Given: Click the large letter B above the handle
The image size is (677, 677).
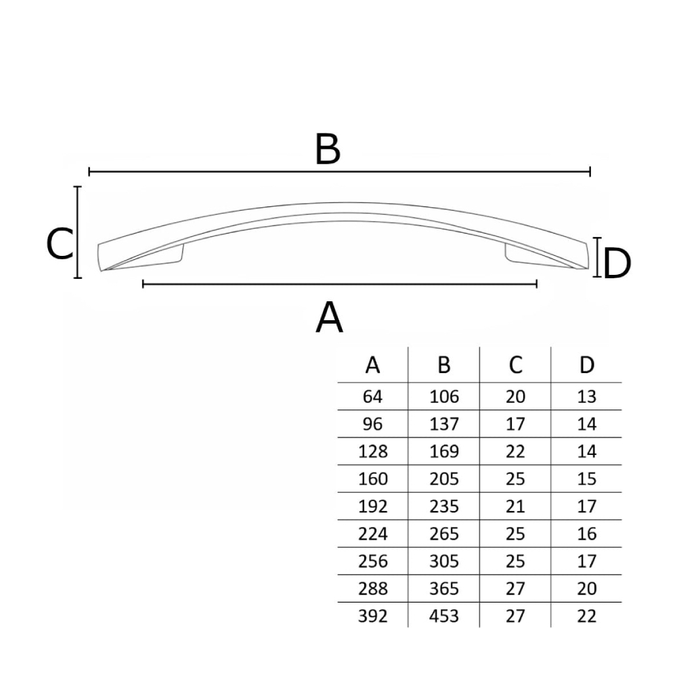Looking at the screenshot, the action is pyautogui.click(x=328, y=150).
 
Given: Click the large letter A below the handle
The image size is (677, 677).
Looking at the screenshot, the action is pyautogui.click(x=329, y=317).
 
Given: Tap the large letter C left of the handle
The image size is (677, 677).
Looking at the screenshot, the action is pyautogui.click(x=60, y=244).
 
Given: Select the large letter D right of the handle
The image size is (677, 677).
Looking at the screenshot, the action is pyautogui.click(x=617, y=263).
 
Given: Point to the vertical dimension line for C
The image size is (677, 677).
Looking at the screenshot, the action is pyautogui.click(x=78, y=232).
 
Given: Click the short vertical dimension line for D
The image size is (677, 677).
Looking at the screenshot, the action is pyautogui.click(x=597, y=257).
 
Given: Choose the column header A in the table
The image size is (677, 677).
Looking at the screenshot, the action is pyautogui.click(x=372, y=366).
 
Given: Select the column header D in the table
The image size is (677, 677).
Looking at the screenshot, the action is pyautogui.click(x=587, y=366).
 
